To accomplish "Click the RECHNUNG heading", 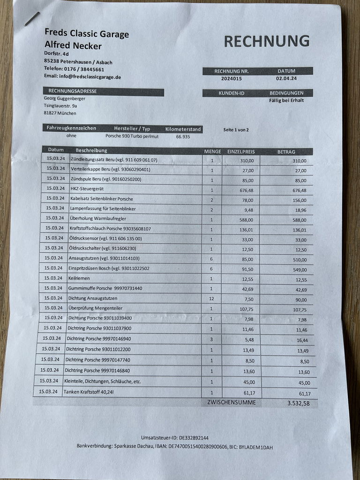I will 266,41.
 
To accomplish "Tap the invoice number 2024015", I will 232,79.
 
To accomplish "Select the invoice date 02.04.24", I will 286,79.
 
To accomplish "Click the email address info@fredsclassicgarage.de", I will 82,76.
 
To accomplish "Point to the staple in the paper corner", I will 32,19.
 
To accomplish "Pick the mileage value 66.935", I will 183,136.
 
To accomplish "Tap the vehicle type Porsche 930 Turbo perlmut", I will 132,136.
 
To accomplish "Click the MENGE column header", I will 212,151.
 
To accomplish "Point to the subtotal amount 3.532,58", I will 298,403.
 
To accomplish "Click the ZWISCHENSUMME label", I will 231,402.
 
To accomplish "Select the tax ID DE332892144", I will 191,438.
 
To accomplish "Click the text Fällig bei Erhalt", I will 286,100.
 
